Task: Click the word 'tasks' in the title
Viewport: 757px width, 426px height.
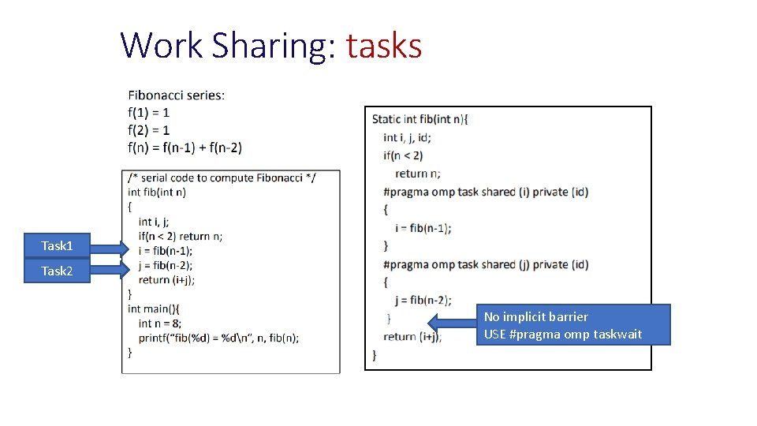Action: [384, 46]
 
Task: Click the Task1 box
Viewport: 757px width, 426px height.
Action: [57, 246]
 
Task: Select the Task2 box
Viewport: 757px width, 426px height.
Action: [57, 271]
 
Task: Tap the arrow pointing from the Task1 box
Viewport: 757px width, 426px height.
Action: [108, 250]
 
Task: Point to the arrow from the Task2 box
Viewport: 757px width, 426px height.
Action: [108, 271]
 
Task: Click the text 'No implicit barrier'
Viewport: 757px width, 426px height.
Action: [535, 317]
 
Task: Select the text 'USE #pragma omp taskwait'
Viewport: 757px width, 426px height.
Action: [563, 334]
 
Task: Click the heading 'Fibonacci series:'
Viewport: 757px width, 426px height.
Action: [176, 95]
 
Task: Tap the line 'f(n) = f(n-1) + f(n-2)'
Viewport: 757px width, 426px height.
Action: [185, 147]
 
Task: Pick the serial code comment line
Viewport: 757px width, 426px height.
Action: [222, 177]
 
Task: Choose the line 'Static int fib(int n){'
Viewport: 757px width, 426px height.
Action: [420, 119]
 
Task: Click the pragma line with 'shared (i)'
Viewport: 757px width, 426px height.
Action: [485, 192]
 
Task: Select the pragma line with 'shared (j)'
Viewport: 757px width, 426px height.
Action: [485, 264]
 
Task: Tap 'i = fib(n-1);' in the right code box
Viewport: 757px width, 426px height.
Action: [423, 228]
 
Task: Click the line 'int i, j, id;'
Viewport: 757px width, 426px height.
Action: [407, 137]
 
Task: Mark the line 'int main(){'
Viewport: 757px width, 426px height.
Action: [153, 308]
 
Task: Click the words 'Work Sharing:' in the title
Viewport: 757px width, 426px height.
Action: [229, 46]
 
